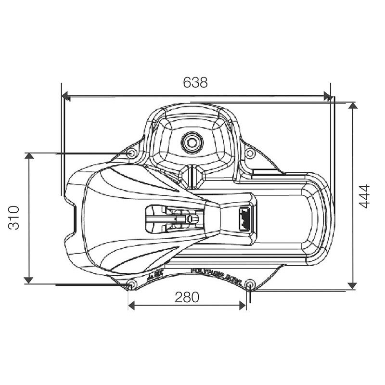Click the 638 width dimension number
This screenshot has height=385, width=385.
195,82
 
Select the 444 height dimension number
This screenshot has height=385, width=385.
364,196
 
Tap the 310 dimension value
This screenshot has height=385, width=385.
14,218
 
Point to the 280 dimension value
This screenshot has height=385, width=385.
187,297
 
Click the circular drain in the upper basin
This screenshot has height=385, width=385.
192,142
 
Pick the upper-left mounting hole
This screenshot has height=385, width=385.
131,153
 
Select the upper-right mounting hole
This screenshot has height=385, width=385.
249,153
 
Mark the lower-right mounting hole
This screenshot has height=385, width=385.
249,283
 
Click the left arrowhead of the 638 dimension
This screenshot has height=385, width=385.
66,97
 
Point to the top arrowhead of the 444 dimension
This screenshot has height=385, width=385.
353,106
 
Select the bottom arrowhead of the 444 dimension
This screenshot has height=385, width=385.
353,285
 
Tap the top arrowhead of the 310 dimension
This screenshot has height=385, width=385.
29,156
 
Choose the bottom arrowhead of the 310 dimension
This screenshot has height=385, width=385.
29,280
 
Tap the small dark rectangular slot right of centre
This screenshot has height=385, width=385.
244,218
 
